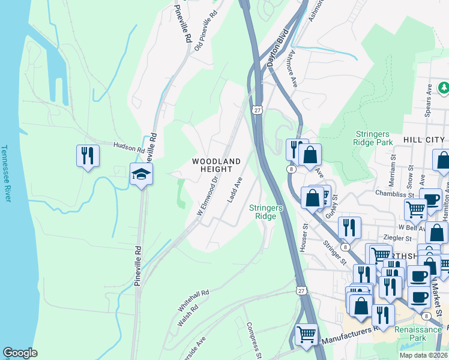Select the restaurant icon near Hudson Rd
point(88,156)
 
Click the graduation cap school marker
point(141,175)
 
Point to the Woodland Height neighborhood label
point(216,165)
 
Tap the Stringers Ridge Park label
point(365,138)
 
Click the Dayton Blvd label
point(274,52)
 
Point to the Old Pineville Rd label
point(205,30)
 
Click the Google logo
point(20,353)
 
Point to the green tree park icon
point(444,88)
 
